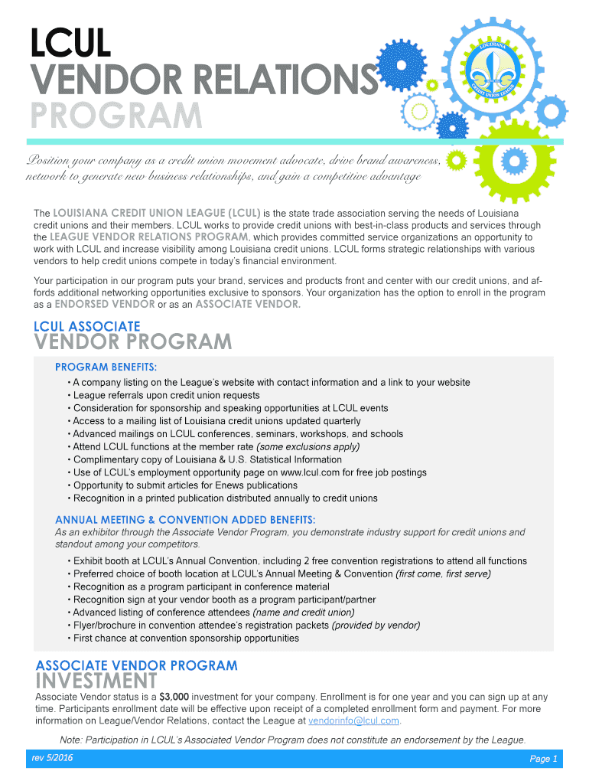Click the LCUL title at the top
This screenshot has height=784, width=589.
[70, 44]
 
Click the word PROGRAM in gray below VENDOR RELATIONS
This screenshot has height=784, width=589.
[116, 116]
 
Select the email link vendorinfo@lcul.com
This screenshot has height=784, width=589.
[353, 720]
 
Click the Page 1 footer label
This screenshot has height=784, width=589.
[544, 759]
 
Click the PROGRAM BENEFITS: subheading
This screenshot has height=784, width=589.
[106, 367]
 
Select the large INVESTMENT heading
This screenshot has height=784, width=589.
[96, 681]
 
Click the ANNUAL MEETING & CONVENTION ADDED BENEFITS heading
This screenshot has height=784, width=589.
[185, 520]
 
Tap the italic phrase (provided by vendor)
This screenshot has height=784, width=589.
[376, 626]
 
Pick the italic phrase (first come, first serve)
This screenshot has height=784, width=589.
[443, 573]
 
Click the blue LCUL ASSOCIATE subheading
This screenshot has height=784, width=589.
[87, 326]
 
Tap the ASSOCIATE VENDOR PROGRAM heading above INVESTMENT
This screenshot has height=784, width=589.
[137, 665]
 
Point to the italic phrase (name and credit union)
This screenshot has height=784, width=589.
[303, 612]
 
